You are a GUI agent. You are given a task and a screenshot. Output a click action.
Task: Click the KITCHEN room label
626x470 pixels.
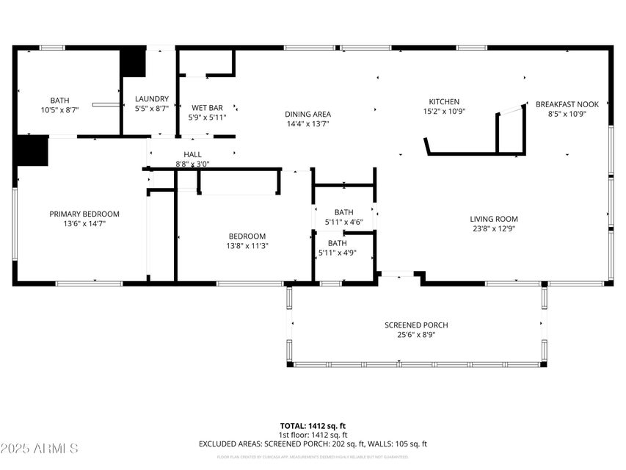point(444,102)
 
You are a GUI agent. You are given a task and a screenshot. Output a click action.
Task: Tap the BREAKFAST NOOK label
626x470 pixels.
point(567,104)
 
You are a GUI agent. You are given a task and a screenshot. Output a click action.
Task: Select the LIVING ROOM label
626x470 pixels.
point(494,219)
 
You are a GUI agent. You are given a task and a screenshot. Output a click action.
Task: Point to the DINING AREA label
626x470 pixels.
point(307,114)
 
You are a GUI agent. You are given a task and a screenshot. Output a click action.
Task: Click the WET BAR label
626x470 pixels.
point(207,107)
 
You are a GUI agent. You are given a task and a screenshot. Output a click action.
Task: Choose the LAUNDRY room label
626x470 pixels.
point(152,98)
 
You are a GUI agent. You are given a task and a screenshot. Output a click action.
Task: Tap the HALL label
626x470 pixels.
point(192,154)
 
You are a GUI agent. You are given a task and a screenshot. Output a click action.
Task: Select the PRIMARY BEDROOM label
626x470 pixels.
point(84,214)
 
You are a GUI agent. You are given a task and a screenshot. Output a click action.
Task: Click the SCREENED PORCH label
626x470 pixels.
point(416,325)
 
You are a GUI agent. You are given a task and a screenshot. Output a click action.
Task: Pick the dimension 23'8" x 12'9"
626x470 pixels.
point(494,228)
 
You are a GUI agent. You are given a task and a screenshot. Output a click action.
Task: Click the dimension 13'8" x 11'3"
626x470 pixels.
point(247,246)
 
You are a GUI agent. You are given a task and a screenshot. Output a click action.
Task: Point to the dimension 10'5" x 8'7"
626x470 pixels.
point(59,109)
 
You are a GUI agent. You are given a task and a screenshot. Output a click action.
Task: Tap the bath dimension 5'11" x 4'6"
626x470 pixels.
point(343,222)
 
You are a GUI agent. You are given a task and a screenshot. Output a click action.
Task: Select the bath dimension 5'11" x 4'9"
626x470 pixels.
point(337,253)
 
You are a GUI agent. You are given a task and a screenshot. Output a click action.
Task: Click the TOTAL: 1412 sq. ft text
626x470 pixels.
point(313,426)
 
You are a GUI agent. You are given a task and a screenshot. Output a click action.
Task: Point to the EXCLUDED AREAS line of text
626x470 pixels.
point(313,444)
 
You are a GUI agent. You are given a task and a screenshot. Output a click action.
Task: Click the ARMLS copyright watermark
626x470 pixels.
point(40,448)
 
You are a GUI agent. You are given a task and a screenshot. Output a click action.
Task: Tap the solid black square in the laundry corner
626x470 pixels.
point(133,62)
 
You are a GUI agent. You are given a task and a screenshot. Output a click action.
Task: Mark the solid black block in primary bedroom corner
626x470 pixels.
point(32,151)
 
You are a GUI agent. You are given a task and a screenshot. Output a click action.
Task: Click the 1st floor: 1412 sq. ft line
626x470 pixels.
point(313,435)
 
